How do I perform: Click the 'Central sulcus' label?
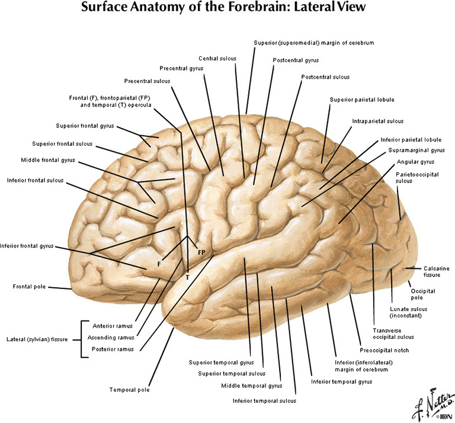tap(216, 58)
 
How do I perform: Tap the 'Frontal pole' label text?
tap(29, 287)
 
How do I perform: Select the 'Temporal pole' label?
tap(129, 390)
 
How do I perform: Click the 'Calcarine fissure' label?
tap(431, 271)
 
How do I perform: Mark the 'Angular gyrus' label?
tap(415, 162)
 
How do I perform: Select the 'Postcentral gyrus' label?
tap(296, 60)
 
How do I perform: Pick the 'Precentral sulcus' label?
tap(147, 81)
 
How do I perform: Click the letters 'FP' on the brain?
tap(201, 253)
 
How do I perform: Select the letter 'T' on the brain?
tap(187, 277)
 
